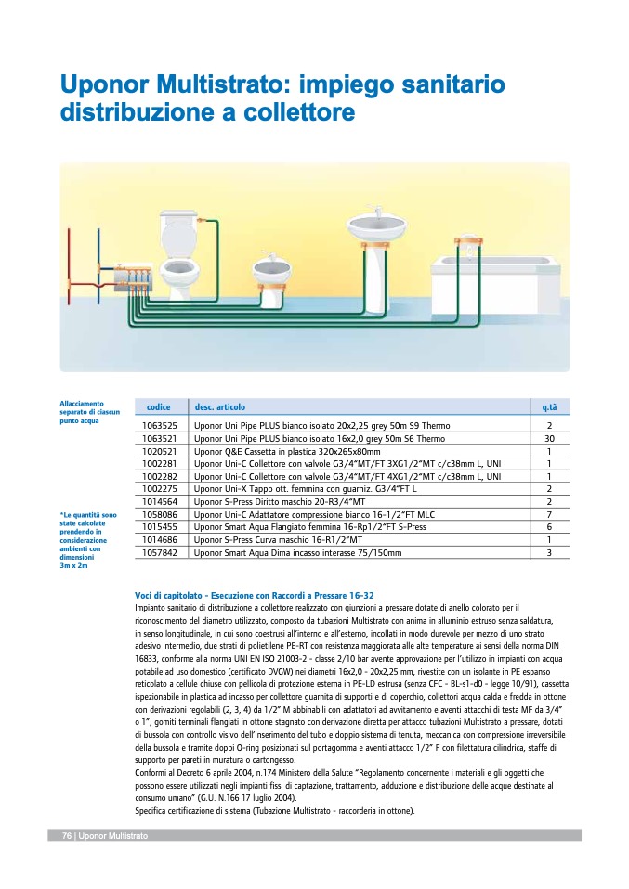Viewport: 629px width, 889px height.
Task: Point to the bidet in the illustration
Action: (x=272, y=278)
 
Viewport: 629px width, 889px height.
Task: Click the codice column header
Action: (x=159, y=407)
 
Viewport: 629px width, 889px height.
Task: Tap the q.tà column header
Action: (x=549, y=407)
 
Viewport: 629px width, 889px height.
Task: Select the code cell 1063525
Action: (x=160, y=426)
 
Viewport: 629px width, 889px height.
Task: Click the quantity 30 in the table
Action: (x=549, y=438)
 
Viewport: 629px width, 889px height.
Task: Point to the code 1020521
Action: (x=160, y=451)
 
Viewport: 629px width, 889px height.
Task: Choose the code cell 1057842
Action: (x=160, y=552)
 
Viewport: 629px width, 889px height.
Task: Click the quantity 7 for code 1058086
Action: (x=549, y=514)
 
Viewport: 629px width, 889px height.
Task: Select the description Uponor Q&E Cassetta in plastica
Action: (x=280, y=451)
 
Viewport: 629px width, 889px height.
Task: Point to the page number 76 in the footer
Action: (x=67, y=836)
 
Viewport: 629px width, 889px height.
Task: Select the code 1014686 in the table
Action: (x=160, y=539)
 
